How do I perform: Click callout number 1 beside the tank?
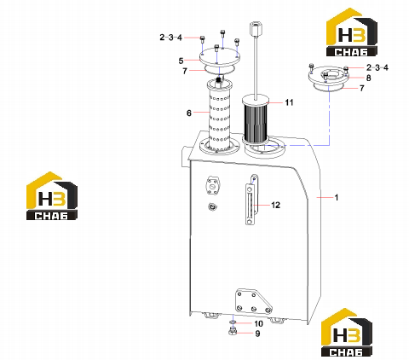tap(337, 197)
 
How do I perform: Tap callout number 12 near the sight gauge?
tap(275, 205)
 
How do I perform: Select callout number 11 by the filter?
tap(289, 102)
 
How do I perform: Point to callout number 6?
tap(189, 113)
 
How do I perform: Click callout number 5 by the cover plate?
tap(181, 61)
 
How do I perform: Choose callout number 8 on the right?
tap(368, 78)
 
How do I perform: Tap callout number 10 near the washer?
tap(258, 323)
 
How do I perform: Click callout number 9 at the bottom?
tap(257, 334)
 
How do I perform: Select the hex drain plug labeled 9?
tap(233, 332)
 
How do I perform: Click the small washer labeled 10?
tap(233, 322)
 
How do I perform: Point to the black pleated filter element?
tap(256, 121)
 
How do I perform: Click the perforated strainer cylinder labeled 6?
tap(219, 117)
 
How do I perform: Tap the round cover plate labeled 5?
tap(220, 58)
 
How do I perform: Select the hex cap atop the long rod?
tap(255, 30)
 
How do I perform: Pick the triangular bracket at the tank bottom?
tap(253, 302)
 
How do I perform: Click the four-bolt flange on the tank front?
tap(212, 186)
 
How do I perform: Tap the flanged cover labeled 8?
tap(329, 77)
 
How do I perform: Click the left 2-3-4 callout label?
tap(170, 38)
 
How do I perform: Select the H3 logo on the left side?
tap(52, 195)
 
